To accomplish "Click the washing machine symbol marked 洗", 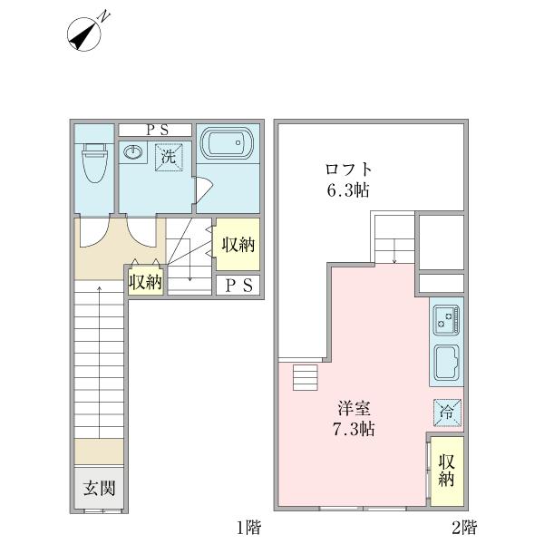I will [168, 156].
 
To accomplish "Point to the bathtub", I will [227, 145].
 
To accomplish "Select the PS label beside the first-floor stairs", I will [238, 286].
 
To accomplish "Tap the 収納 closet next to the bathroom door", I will [238, 244].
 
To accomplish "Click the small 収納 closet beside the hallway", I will [145, 282].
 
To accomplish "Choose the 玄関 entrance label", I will [100, 489].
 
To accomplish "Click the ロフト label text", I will [349, 169].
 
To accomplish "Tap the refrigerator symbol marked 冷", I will [447, 411].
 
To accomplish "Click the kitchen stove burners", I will [448, 319].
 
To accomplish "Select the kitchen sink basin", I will [448, 364].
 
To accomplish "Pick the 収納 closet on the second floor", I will [447, 470].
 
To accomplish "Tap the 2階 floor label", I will [465, 526].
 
